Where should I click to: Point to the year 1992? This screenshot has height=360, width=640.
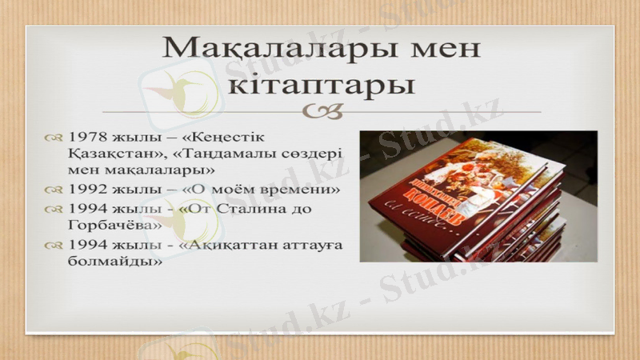pos(87,190)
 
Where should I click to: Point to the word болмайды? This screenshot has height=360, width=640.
pos(109,261)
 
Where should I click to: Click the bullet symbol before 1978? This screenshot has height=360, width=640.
pos(54,138)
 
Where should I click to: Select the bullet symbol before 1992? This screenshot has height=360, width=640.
pos(54,190)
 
